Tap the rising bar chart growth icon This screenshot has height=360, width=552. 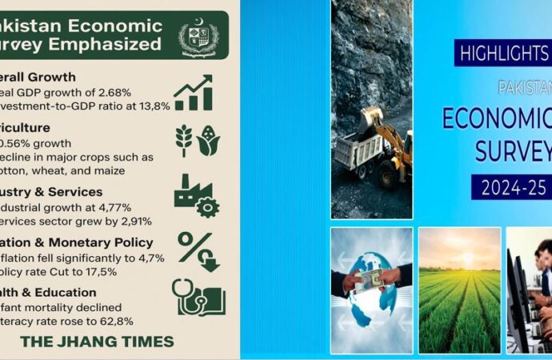pos(194,92)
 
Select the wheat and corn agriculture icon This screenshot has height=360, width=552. pos(197,140)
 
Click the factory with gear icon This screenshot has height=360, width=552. pos(194,195)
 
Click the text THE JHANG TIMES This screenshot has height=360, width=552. pos(97,342)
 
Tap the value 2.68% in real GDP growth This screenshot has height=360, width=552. pos(109,92)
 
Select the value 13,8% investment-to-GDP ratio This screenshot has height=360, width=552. pos(149,106)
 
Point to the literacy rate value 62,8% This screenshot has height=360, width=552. pos(112,322)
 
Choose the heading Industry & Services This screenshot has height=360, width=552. pos(51,192)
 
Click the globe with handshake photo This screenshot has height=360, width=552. pos(371,290)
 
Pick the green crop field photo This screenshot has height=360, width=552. pos(459,290)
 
